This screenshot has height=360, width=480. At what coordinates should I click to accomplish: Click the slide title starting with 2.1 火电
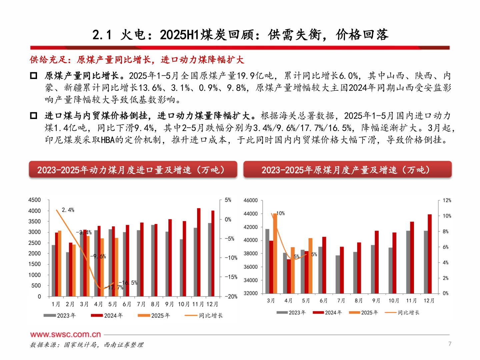point(240,35)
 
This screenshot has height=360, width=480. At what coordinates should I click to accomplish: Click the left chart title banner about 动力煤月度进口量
point(133,170)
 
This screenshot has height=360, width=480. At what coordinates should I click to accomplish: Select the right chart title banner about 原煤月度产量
point(347,170)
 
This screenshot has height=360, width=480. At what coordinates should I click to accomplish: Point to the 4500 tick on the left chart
point(34,200)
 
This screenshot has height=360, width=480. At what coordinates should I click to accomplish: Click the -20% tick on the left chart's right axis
point(230,296)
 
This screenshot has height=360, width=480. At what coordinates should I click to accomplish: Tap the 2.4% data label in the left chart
point(68,210)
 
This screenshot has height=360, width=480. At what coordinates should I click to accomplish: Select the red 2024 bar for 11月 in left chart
point(199,252)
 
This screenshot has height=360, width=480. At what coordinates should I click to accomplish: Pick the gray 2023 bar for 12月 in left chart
point(210,260)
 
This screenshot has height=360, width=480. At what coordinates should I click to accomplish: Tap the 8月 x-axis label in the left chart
point(155,304)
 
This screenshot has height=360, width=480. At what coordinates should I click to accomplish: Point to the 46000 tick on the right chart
point(251,200)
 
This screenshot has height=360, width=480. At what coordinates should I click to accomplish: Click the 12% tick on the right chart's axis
point(447,200)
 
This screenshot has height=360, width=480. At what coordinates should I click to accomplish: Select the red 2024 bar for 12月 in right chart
point(430,254)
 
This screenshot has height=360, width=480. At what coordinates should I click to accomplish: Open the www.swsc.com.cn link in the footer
point(65,334)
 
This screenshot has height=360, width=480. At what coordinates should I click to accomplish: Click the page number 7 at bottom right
point(450,344)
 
